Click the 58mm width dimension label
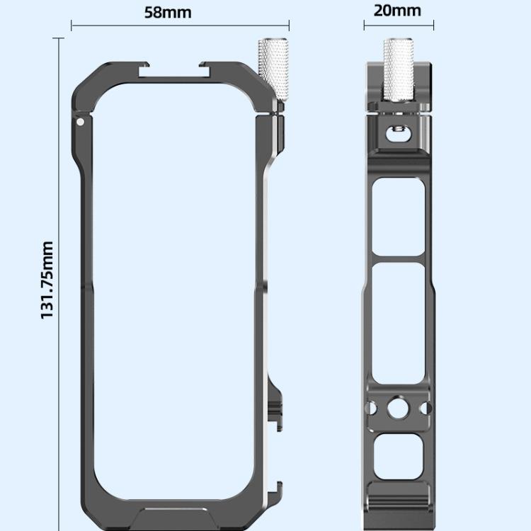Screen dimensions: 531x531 pyautogui.click(x=168, y=13)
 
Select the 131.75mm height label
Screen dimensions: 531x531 pyautogui.click(x=47, y=280)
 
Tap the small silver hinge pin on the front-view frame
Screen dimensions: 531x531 pyautogui.click(x=80, y=121)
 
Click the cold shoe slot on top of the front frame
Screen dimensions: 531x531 pyautogui.click(x=177, y=69)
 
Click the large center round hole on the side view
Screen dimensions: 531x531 pyautogui.click(x=399, y=409)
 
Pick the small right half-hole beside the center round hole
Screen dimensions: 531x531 pyautogui.click(x=426, y=409)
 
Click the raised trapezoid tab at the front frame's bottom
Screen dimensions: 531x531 pyautogui.click(x=177, y=511)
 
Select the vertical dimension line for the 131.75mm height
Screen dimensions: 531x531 pyautogui.click(x=59, y=280)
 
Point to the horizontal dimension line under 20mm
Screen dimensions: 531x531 pyautogui.click(x=400, y=26)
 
